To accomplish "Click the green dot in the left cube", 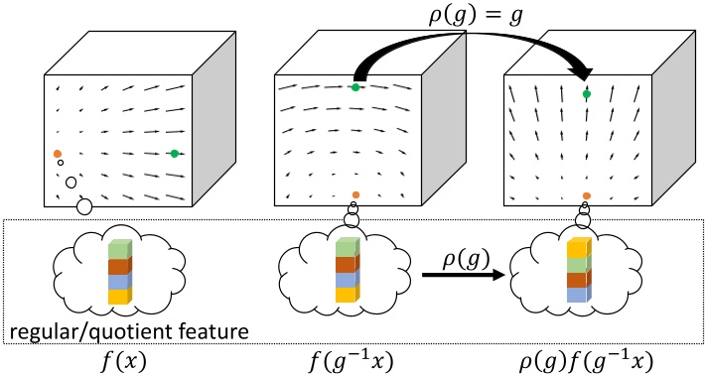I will coord(175,153).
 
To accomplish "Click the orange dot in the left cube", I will coord(58,154).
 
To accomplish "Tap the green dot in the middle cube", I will coord(355,87).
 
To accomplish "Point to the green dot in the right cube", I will coord(587,93).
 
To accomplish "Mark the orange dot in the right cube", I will coord(587,196).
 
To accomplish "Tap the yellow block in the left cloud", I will coord(118,296).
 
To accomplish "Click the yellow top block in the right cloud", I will coord(578,250).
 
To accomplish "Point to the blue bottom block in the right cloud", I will coord(578,295).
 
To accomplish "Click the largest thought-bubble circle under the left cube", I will coord(84,206).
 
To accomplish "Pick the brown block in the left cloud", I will coord(118,266).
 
